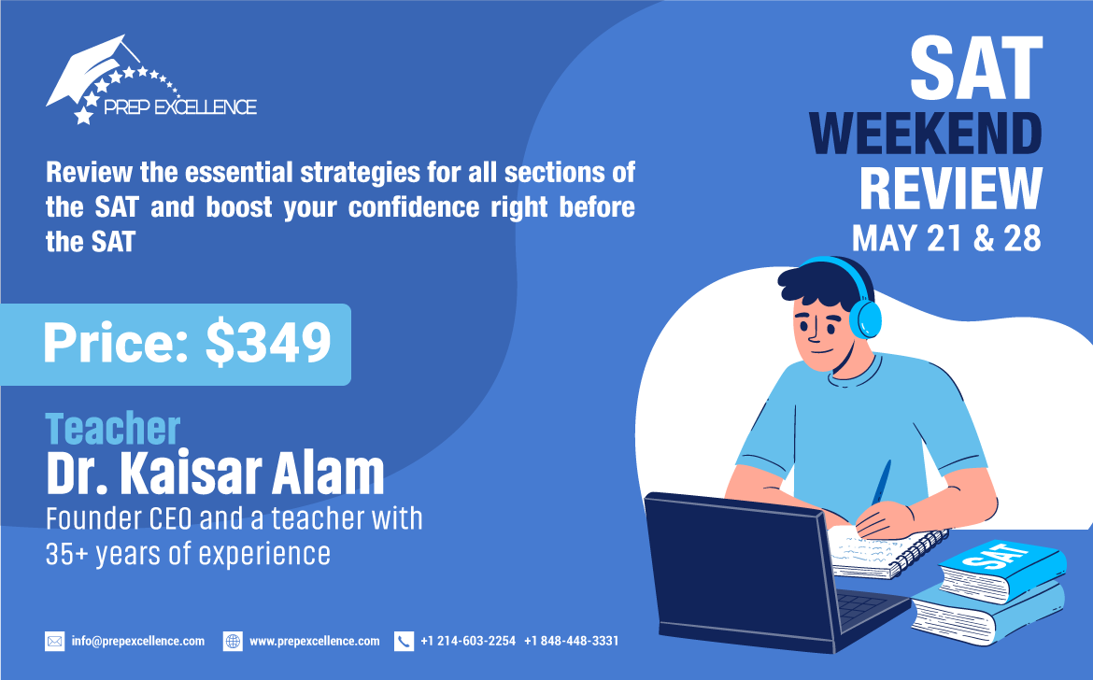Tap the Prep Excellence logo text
coord(180,106)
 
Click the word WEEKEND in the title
coord(926,133)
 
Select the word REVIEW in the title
coord(951,188)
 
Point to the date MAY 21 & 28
coord(946,238)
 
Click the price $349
coord(269,342)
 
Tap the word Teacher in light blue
coord(113,429)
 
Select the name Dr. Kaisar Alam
coord(216,473)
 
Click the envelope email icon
coord(54,641)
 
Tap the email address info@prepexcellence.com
coord(138,641)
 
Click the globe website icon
coord(233,641)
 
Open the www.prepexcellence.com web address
coord(315,641)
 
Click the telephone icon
coord(404,641)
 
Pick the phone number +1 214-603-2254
coord(468,641)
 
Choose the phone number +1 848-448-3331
coord(572,641)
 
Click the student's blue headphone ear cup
coord(866,319)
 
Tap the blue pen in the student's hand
coord(881,483)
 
